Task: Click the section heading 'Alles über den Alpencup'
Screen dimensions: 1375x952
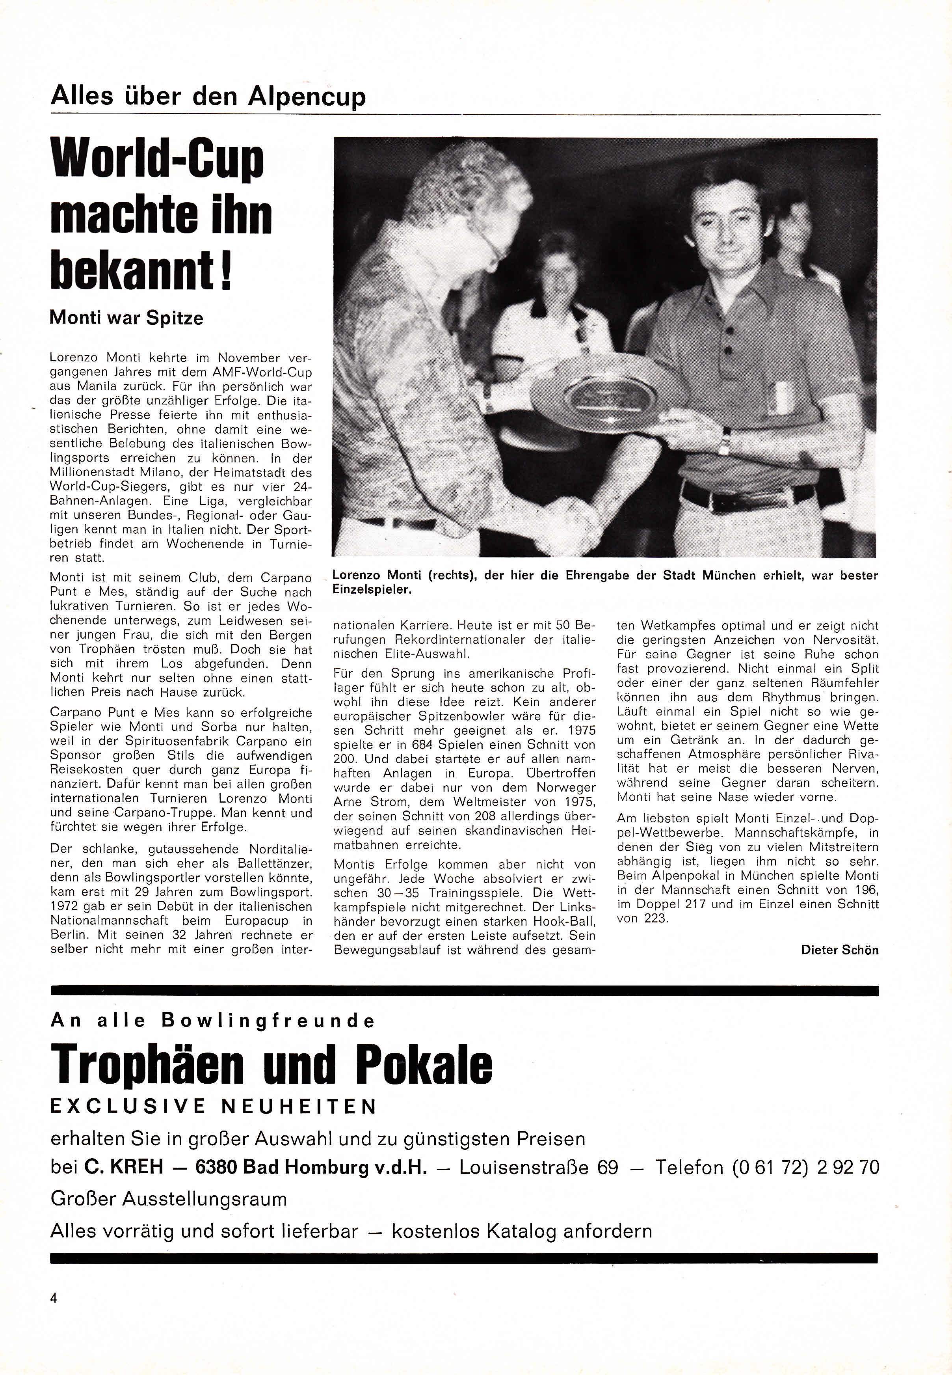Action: pos(208,96)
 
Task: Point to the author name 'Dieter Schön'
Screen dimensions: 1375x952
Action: pos(839,950)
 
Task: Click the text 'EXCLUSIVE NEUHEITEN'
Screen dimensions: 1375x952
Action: pos(214,1107)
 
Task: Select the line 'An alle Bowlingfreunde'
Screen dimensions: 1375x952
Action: pos(213,1021)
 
